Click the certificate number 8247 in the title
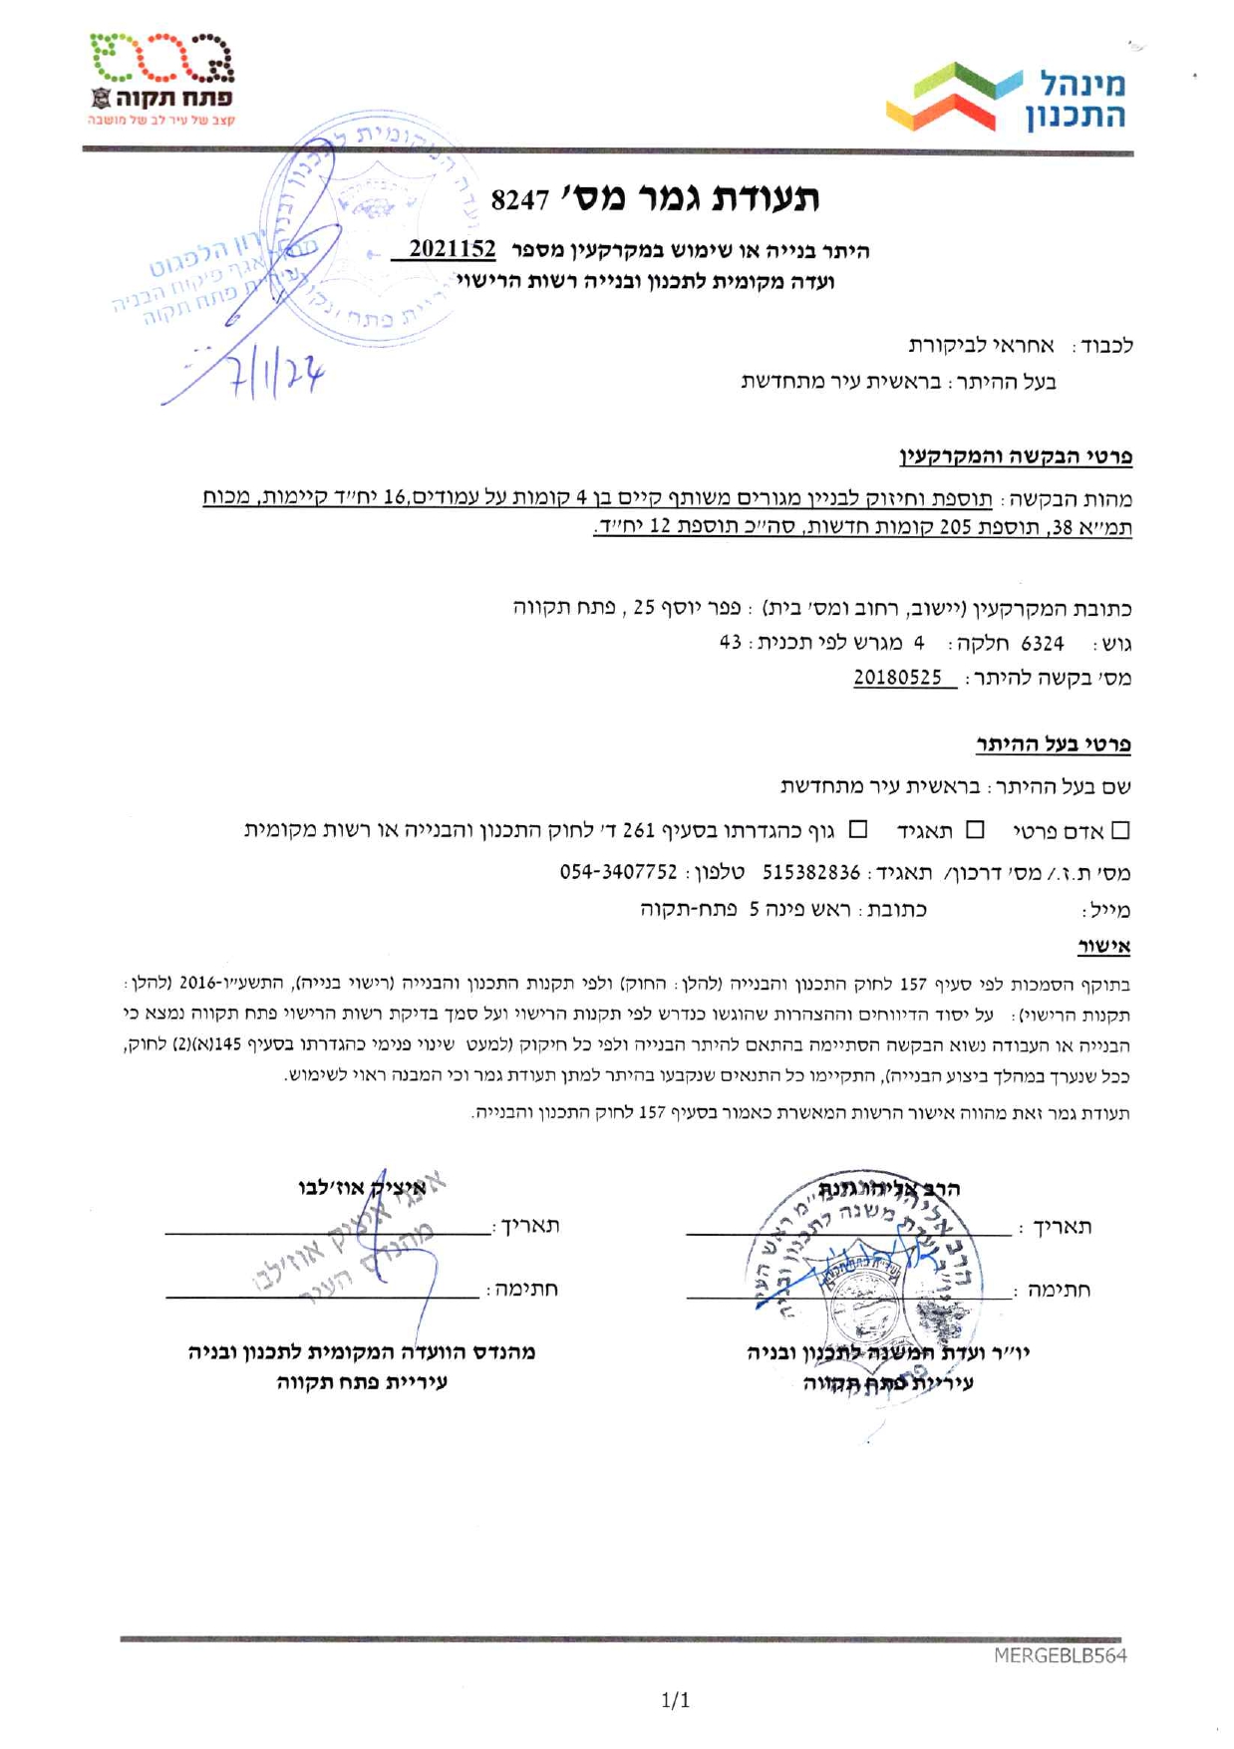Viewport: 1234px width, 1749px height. pos(519,200)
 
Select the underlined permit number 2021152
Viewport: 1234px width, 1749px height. pos(452,249)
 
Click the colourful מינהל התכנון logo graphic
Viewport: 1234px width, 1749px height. pos(955,98)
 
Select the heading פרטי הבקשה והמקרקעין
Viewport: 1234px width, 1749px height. pos(1016,457)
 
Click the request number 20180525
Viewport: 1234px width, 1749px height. pos(897,678)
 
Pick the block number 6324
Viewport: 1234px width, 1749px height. pos(1042,643)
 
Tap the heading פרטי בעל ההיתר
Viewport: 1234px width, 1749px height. pos(1053,743)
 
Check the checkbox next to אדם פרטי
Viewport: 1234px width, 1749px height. pos(1121,830)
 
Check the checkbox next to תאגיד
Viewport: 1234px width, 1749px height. pos(976,830)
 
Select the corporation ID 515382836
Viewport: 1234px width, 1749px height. pos(811,872)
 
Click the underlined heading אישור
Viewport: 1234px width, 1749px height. pos(1103,945)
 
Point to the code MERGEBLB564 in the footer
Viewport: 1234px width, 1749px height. pos(1060,1655)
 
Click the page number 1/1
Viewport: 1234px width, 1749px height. pos(675,1700)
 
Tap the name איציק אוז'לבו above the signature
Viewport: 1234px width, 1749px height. pos(362,1187)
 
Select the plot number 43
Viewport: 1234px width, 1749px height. pos(730,643)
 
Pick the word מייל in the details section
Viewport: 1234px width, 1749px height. pos(1107,911)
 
